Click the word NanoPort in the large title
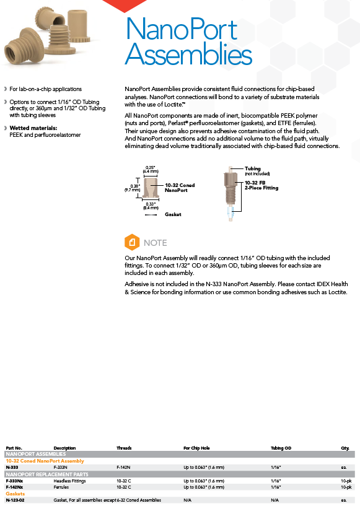tap(182, 29)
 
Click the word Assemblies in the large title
tap(188, 53)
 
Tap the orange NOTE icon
tap(132, 242)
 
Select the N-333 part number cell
tap(12, 467)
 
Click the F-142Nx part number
tap(14, 487)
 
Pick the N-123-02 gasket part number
tap(15, 500)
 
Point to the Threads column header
tap(124, 448)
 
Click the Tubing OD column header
tap(281, 448)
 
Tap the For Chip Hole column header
tap(196, 448)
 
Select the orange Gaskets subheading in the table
tap(15, 494)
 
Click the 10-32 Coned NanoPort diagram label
tap(180, 188)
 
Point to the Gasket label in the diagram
tap(173, 214)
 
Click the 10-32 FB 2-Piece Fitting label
tap(261, 185)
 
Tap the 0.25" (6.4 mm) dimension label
tap(151, 170)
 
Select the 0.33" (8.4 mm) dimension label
tap(151, 206)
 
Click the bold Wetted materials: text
tap(33, 128)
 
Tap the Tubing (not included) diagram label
tap(257, 171)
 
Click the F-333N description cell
tap(60, 467)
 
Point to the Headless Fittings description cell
tap(70, 481)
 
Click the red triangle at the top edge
tap(125, 5)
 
